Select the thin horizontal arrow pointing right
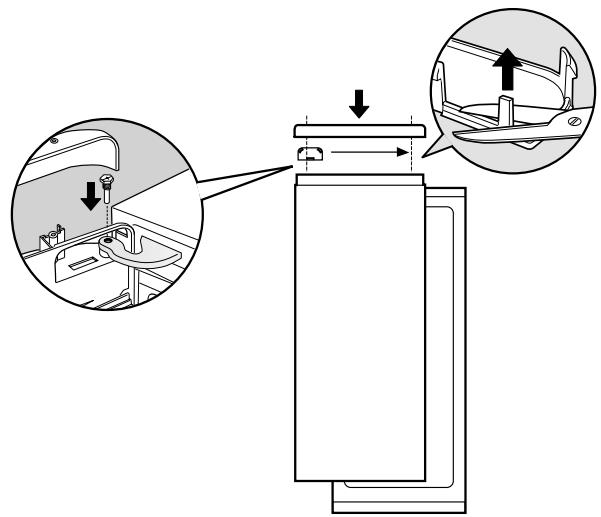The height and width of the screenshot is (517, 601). click(x=370, y=153)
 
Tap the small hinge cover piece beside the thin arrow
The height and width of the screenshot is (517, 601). click(x=310, y=153)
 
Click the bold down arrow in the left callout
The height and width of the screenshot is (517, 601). click(x=91, y=196)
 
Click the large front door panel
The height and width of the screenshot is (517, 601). click(x=359, y=330)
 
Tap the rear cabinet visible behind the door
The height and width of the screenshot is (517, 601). click(x=446, y=350)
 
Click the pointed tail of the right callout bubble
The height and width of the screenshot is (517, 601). click(x=426, y=155)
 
